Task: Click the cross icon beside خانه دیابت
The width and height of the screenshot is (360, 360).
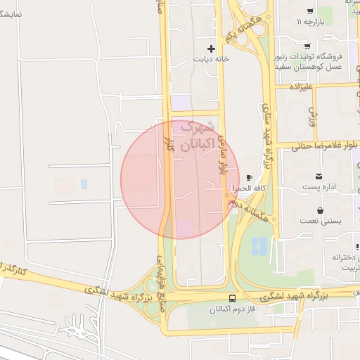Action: tap(211, 49)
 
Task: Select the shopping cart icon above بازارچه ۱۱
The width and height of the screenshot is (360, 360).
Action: tap(310, 11)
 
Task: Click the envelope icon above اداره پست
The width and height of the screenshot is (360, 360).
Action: tap(320, 176)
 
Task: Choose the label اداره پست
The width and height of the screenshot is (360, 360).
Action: tap(320, 188)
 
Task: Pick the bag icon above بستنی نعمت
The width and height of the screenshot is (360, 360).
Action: tap(321, 210)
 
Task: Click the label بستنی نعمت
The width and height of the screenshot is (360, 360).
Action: tap(321, 221)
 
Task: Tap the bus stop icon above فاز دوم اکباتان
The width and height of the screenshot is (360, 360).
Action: tap(233, 297)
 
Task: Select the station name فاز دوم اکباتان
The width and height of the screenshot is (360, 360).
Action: tap(231, 309)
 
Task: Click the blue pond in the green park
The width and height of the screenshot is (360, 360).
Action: tap(259, 245)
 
